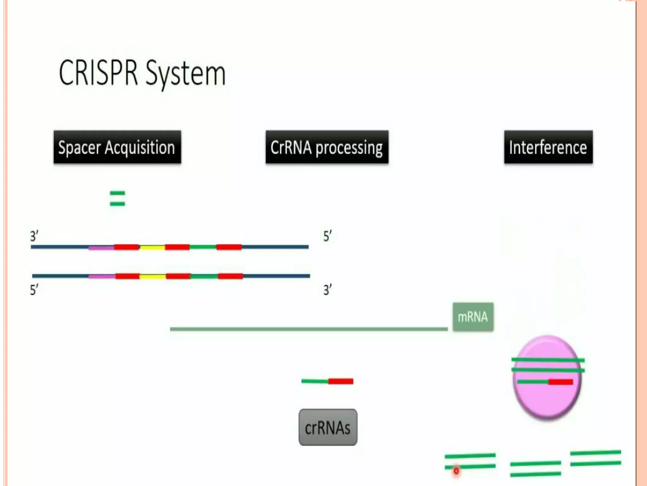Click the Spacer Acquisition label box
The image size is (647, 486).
(117, 147)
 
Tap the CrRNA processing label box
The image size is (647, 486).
(327, 147)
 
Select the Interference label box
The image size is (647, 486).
(548, 147)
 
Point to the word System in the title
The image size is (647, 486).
(186, 75)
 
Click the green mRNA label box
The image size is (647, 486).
(473, 317)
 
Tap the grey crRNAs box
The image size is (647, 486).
(328, 427)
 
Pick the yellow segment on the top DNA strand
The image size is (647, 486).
(152, 247)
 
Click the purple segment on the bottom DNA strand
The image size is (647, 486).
(102, 276)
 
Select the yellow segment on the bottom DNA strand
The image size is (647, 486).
(153, 277)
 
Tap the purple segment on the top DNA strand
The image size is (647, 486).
(101, 247)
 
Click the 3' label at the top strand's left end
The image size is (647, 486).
(34, 236)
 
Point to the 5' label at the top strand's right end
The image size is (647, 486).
(327, 236)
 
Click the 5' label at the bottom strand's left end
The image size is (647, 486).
(34, 290)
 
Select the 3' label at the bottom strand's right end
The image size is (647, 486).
(327, 290)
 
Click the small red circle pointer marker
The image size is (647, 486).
(456, 471)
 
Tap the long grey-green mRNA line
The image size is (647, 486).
(309, 329)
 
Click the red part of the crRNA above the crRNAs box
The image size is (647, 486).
(341, 381)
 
